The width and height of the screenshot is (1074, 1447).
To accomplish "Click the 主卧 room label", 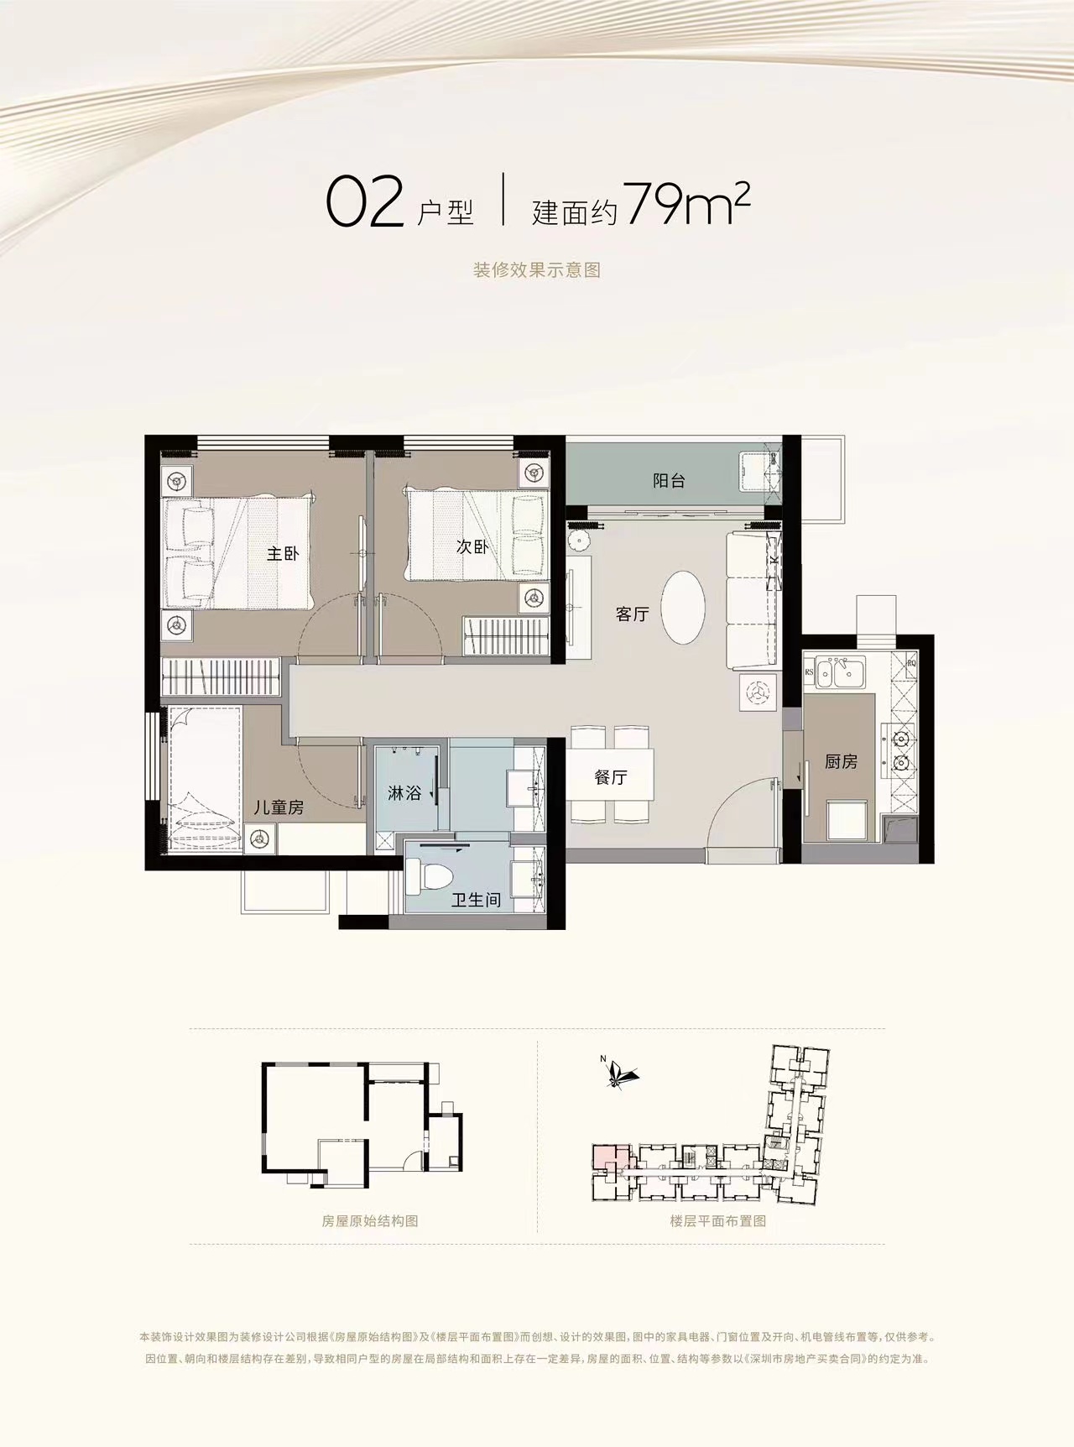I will coord(283,554).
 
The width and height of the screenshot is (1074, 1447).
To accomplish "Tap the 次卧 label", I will coord(472,546).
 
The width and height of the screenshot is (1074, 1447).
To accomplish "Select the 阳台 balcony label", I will coord(669,481).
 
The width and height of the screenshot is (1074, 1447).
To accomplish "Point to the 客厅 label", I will coord(632,614).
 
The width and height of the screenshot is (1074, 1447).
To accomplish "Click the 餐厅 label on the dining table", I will coord(610,777).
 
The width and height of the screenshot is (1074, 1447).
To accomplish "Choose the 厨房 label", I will coord(841,762).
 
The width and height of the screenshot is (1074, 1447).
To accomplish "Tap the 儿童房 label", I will coord(279,808).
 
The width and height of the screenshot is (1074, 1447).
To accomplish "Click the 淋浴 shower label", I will coord(404,792).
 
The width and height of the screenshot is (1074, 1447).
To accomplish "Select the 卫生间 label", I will coord(476,901).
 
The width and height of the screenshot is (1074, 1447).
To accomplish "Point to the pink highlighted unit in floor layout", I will coord(607,1157).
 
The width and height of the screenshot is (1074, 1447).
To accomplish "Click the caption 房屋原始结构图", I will coord(370,1221).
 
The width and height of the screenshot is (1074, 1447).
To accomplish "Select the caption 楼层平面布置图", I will coord(718,1221).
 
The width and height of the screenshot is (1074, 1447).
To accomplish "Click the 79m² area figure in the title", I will coord(686,206).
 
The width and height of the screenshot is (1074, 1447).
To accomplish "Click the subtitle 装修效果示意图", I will coord(537,270).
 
